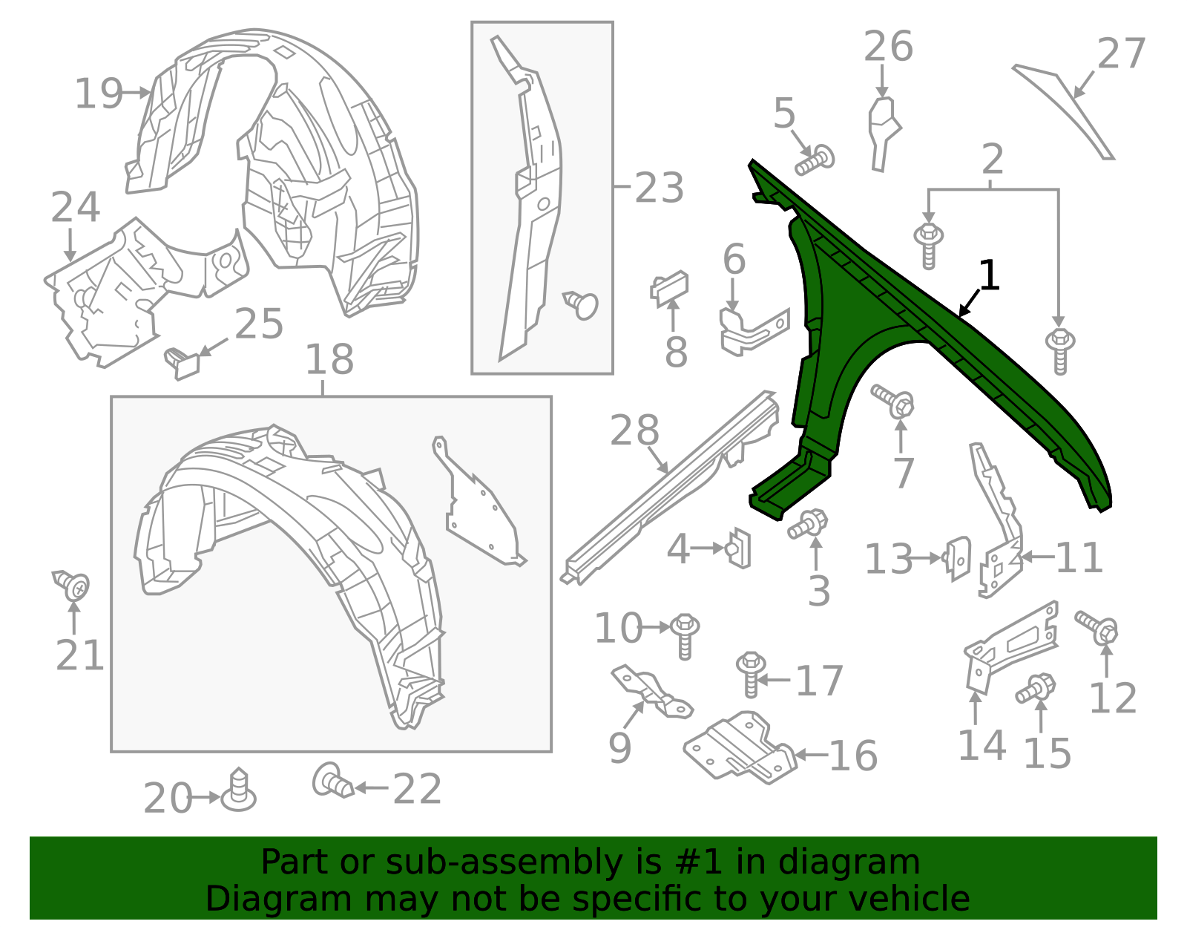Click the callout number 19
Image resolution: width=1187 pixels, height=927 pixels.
[99, 94]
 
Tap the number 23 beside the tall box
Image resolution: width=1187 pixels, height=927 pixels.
[659, 188]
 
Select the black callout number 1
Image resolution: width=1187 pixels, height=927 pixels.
[989, 275]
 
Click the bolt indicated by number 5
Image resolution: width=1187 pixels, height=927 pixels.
[815, 160]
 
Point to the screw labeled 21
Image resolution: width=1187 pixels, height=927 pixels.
[71, 585]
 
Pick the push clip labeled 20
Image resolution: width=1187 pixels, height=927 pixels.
[239, 790]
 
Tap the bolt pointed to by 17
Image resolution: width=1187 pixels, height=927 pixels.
[751, 674]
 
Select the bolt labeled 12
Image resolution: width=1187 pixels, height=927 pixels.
[1097, 626]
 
